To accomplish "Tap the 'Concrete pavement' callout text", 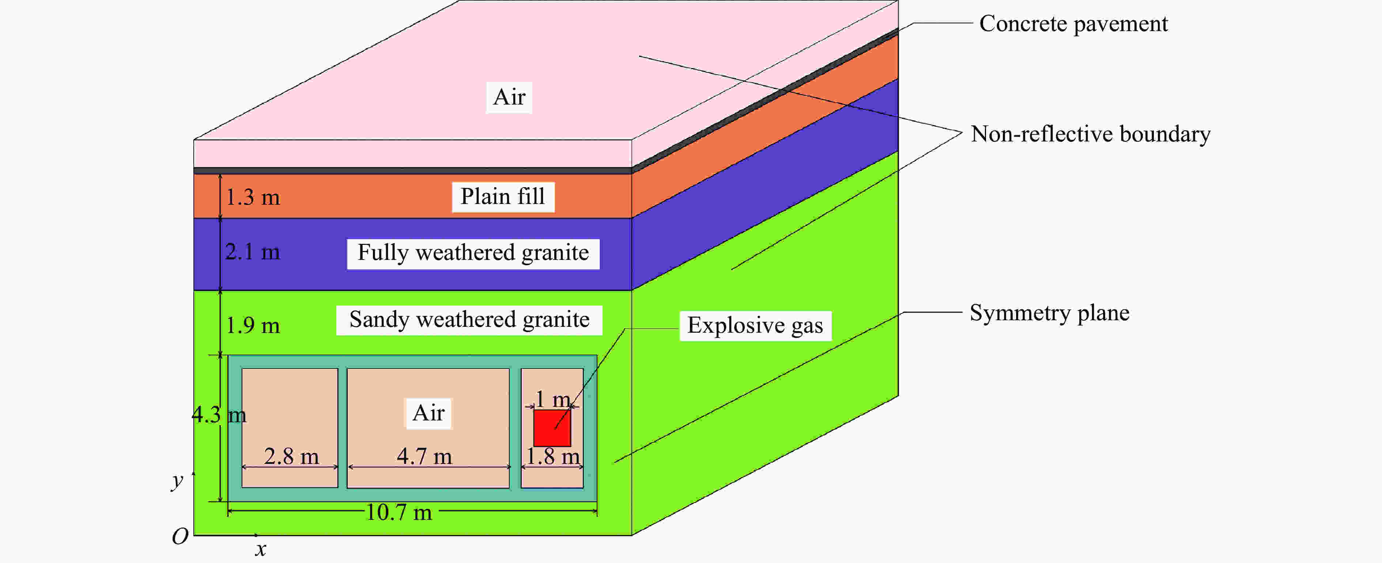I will click(x=1073, y=24).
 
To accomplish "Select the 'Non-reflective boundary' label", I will click(x=1090, y=134).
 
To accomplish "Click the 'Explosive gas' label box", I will click(x=755, y=325).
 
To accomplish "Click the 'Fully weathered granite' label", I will click(x=473, y=253).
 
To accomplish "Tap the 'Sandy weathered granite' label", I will click(x=469, y=320).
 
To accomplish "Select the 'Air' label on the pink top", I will click(x=509, y=97).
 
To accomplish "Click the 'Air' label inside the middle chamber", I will click(x=428, y=413).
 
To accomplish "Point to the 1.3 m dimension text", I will click(x=253, y=197).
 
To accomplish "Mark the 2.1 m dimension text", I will click(x=253, y=252).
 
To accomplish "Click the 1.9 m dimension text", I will click(x=253, y=325).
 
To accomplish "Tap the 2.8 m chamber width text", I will click(x=291, y=457).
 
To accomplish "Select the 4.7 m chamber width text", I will click(x=424, y=457).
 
